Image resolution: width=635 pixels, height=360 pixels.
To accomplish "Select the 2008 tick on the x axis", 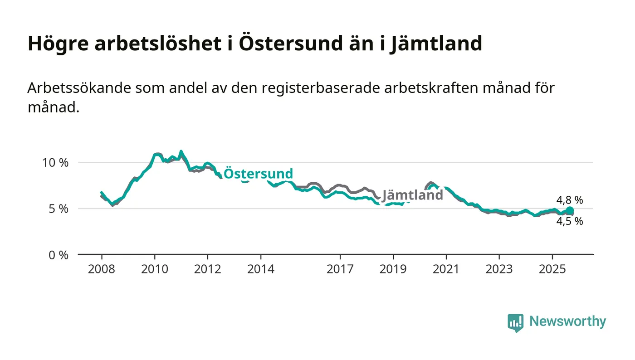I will coord(102,269).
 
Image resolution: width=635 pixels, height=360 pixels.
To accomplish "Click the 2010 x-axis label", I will coord(155,269).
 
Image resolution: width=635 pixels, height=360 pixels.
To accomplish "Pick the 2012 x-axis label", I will coord(207,269).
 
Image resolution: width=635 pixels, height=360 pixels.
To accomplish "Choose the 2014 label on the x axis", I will coord(260,269).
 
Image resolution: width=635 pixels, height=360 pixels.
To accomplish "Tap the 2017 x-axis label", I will coord(340,269).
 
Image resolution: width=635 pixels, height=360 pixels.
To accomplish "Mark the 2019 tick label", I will coord(393,269).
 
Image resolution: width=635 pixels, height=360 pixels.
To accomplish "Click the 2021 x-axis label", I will coord(446,269).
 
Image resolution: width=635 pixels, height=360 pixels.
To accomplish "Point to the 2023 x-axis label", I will coord(499,269).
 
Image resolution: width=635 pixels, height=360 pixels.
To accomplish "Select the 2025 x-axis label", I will coord(552,269).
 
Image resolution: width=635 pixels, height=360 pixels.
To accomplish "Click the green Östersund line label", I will coord(258,174).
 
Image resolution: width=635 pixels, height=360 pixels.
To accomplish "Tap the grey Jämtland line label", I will coord(412,195).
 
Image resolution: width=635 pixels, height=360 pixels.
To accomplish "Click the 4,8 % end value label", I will coord(570,200).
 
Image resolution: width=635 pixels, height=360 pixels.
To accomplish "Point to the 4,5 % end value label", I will coord(570,222).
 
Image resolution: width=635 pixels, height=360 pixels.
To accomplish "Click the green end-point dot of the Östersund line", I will coord(570,210).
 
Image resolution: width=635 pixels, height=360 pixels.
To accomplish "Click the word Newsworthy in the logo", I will coord(567,321).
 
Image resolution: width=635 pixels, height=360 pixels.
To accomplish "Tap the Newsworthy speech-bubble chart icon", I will coord(515,322).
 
